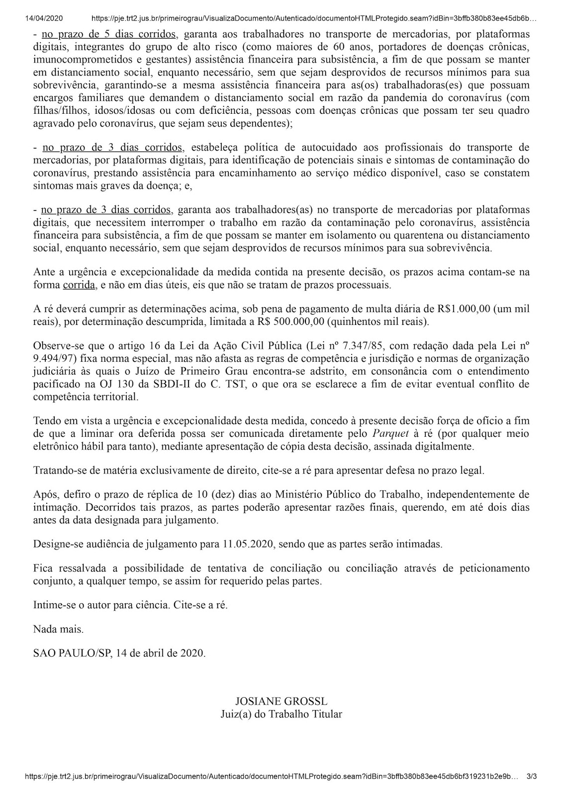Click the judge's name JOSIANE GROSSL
[x=281, y=702]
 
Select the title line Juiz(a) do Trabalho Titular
[x=281, y=715]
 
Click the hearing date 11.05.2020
[x=248, y=544]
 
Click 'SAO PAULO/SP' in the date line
[x=72, y=653]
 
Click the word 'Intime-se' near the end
[x=51, y=605]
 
